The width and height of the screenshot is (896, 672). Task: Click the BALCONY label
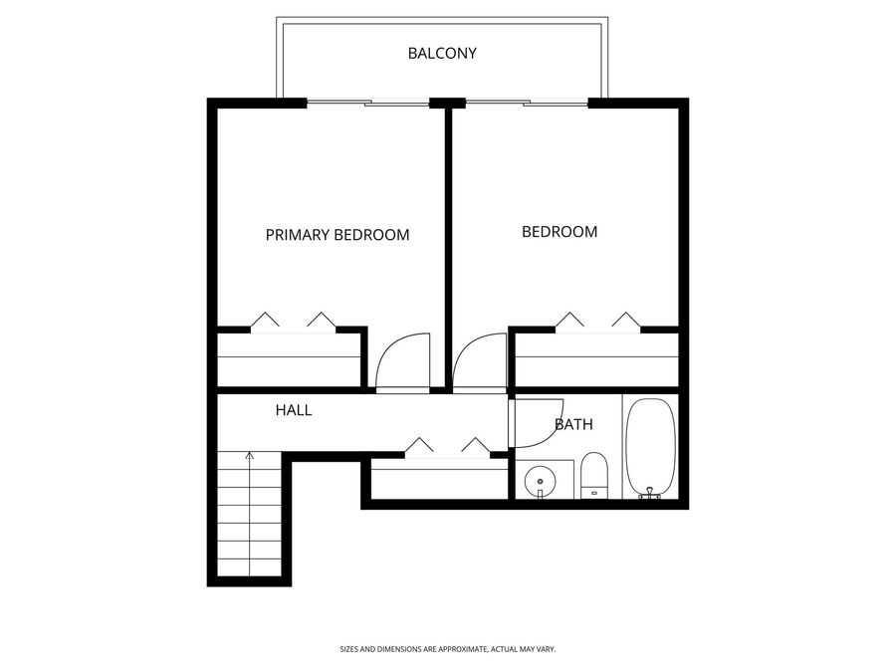pyautogui.click(x=442, y=53)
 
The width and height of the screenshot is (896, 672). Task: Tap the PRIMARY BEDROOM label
pyautogui.click(x=337, y=235)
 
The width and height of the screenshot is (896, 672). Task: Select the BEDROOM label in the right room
pyautogui.click(x=560, y=232)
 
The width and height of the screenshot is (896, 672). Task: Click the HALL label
pyautogui.click(x=294, y=409)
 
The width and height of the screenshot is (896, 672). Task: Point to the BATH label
pyautogui.click(x=573, y=424)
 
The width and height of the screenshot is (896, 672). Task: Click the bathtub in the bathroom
pyautogui.click(x=652, y=447)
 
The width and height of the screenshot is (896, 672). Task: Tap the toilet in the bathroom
pyautogui.click(x=593, y=475)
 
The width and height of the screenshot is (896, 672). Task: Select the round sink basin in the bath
pyautogui.click(x=540, y=479)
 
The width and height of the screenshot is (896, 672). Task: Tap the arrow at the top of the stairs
pyautogui.click(x=249, y=457)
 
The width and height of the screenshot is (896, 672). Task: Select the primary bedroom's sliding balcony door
pyautogui.click(x=368, y=103)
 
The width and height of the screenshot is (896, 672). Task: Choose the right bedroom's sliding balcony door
pyautogui.click(x=528, y=103)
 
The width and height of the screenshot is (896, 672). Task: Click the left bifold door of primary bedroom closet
pyautogui.click(x=265, y=321)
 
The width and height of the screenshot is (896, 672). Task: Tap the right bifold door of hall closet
pyautogui.click(x=476, y=445)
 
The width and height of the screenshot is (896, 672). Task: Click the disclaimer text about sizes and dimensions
pyautogui.click(x=447, y=648)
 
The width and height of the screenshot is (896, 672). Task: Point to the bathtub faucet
pyautogui.click(x=652, y=491)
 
